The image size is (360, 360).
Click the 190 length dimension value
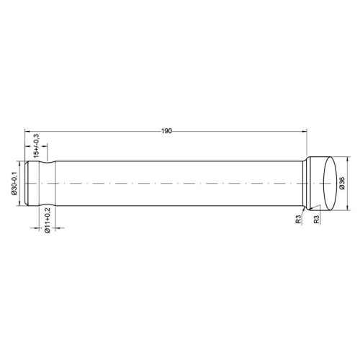point(166,131)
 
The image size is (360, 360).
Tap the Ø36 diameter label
point(342,184)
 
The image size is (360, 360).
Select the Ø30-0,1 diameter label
point(14,183)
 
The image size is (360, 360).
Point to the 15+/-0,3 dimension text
point(36,145)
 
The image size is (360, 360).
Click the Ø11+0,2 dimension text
point(47,220)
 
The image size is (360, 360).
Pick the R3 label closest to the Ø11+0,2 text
point(298,220)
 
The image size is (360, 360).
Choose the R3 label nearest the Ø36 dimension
point(317,220)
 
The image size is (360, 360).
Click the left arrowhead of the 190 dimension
point(27,131)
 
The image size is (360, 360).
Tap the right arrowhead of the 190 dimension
point(305,131)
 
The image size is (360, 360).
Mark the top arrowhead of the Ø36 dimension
point(348,158)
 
